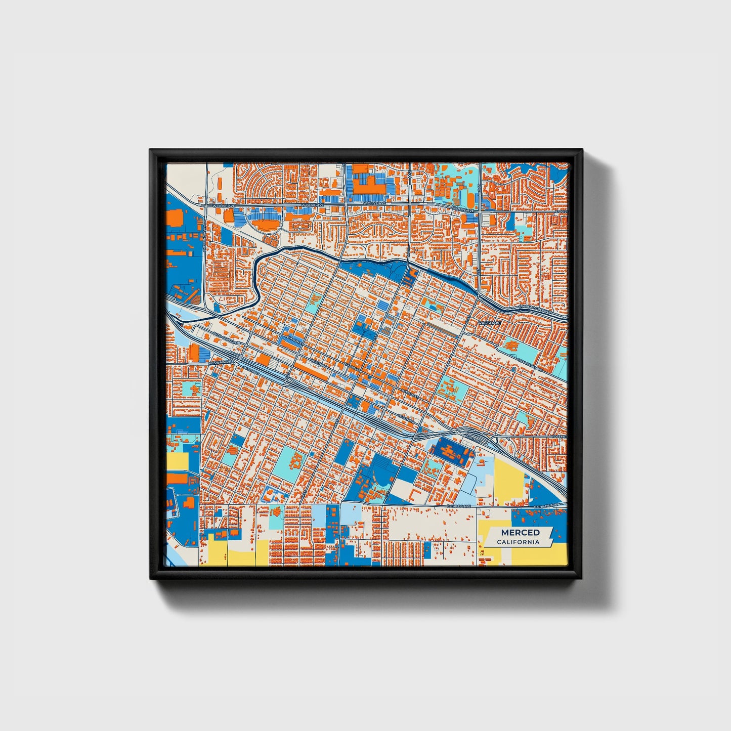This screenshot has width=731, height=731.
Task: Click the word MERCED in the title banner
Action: point(520,532)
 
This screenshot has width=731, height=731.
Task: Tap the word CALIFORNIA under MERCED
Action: point(518,542)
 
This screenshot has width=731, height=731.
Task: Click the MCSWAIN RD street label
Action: point(221,362)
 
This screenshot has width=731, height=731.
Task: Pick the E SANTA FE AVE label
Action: point(530,364)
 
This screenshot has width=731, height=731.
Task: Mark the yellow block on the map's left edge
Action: point(177,461)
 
